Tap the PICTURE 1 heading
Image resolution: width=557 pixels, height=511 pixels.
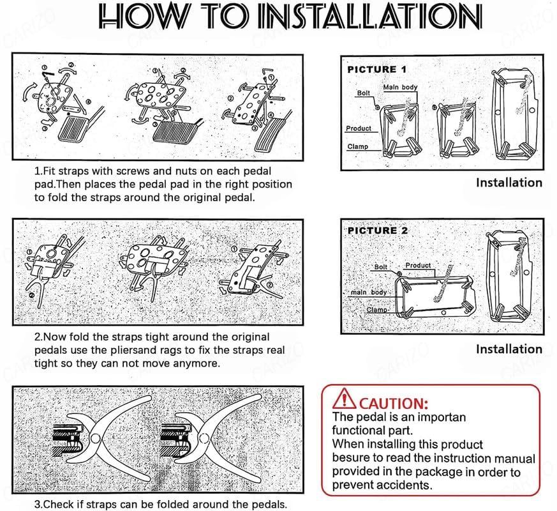pos(376,69)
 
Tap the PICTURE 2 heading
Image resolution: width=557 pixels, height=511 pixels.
pos(378,231)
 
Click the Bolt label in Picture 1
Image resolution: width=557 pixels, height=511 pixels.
pos(363,93)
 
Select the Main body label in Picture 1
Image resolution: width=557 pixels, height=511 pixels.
pos(400,87)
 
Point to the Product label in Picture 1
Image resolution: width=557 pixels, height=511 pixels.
pos(358,128)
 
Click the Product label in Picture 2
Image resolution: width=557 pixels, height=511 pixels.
pos(418,265)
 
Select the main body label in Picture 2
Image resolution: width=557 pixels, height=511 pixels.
pos(369,293)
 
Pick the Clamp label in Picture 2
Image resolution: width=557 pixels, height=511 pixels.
pos(377,310)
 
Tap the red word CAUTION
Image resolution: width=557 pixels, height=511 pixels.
pos(392,403)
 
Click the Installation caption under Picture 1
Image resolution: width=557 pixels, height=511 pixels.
pos(509,183)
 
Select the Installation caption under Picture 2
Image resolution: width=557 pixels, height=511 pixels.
pos(509,349)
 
